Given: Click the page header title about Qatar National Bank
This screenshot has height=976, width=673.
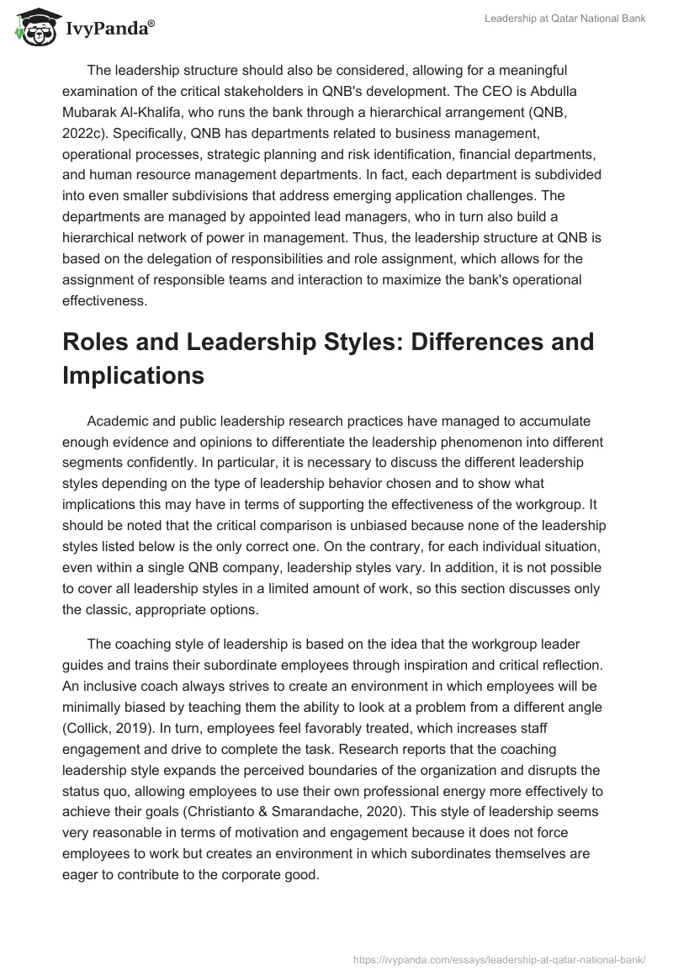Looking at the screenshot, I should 564,19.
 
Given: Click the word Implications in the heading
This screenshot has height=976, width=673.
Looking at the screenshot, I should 134,375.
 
